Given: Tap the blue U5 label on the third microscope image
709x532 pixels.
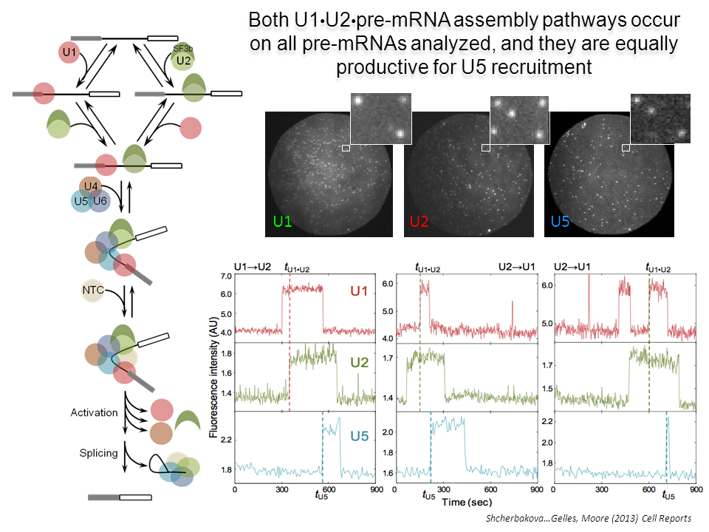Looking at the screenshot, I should [561, 221].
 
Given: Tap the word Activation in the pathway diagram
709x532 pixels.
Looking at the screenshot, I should [95, 412].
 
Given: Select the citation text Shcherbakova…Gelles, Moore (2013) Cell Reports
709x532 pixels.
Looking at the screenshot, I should [587, 519].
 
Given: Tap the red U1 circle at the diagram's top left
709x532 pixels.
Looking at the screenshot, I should [69, 52].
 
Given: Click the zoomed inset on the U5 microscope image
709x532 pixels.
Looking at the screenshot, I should [660, 119].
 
